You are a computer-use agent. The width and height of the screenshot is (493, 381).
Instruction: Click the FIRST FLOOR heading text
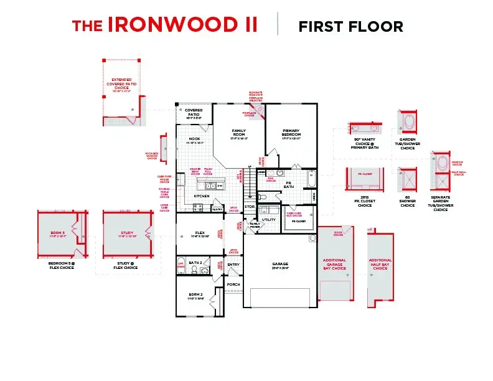[350, 26]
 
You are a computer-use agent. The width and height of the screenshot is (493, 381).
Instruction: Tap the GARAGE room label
[280, 263]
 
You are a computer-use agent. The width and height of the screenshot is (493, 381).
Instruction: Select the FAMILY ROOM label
[240, 131]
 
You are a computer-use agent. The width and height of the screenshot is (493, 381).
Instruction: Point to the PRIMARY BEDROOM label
[291, 133]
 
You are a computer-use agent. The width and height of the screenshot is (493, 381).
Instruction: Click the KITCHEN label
[202, 196]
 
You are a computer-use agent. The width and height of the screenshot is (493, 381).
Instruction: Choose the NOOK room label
[194, 139]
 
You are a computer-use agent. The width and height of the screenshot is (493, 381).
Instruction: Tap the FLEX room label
[200, 233]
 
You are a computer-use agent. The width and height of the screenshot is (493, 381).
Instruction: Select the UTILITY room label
[268, 220]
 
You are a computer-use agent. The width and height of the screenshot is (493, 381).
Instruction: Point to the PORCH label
[233, 285]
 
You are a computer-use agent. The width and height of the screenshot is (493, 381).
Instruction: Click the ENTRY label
[233, 265]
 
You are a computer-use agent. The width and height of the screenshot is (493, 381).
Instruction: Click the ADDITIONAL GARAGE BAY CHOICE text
[334, 264]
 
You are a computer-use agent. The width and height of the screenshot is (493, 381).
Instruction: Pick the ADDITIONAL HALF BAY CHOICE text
[380, 264]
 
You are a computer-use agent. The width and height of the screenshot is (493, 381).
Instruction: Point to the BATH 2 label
[195, 263]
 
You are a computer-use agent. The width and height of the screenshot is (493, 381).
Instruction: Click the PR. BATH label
[289, 184]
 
